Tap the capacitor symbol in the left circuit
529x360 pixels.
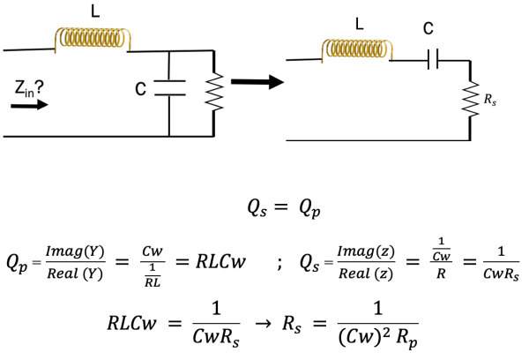(x=169, y=88)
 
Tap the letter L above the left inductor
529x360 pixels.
(x=95, y=11)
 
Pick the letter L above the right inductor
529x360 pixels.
(x=358, y=24)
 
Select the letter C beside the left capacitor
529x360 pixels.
(x=140, y=89)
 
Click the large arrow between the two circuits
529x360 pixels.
(x=256, y=82)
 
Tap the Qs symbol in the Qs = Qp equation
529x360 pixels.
(x=256, y=211)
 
